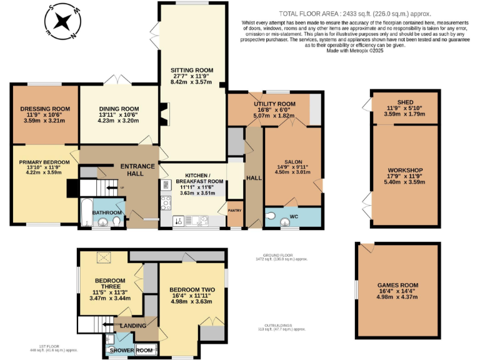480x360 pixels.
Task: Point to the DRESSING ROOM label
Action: pyautogui.click(x=44, y=109)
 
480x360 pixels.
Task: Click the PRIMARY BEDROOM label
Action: pyautogui.click(x=44, y=162)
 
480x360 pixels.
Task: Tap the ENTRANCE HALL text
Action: pyautogui.click(x=137, y=169)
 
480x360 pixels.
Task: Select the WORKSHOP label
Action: pyautogui.click(x=405, y=170)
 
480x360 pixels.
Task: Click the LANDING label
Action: pyautogui.click(x=134, y=326)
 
